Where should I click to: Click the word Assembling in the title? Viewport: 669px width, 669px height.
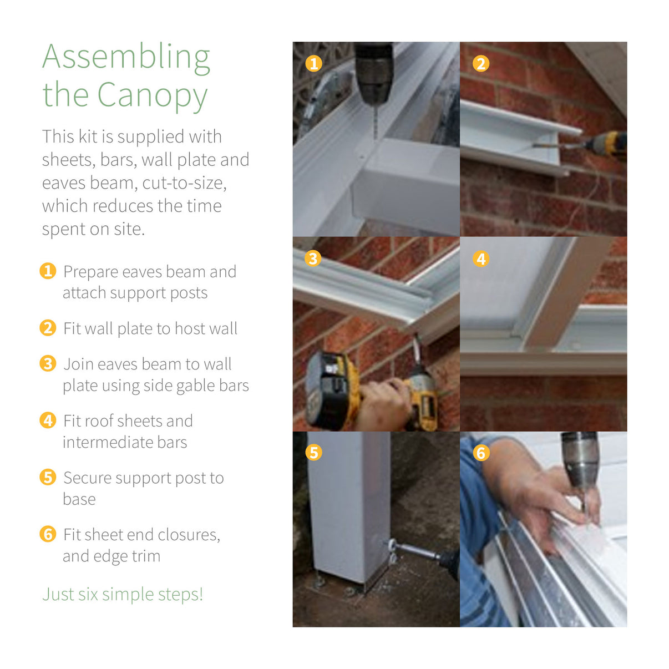click(x=126, y=58)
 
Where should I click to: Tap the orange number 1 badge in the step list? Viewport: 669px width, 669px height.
click(x=48, y=271)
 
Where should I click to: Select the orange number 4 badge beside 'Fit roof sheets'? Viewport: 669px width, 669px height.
click(x=48, y=420)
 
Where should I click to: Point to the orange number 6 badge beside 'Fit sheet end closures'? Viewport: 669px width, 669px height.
click(x=48, y=534)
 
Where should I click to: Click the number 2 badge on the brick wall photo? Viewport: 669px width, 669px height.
click(x=481, y=64)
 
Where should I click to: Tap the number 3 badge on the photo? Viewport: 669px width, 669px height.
click(x=313, y=259)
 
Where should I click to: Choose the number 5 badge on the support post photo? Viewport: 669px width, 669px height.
click(x=313, y=453)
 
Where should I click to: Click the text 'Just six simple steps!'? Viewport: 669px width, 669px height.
click(x=123, y=594)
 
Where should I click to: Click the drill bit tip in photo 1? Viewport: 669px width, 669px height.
click(x=375, y=139)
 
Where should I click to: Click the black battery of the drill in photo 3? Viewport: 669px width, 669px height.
click(x=326, y=391)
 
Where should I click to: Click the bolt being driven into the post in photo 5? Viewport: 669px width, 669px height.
click(x=413, y=550)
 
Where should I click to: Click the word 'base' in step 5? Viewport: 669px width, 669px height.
click(x=79, y=499)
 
